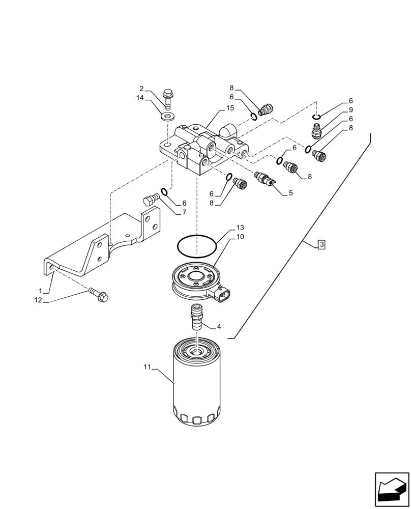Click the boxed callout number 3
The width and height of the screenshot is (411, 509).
tap(321, 245)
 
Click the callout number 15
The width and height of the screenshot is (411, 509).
tap(230, 108)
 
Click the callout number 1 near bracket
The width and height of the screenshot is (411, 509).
tap(40, 290)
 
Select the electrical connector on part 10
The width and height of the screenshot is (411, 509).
tap(222, 296)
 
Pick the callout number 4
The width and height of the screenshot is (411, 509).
tap(219, 327)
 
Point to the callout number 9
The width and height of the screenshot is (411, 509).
tap(350, 109)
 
